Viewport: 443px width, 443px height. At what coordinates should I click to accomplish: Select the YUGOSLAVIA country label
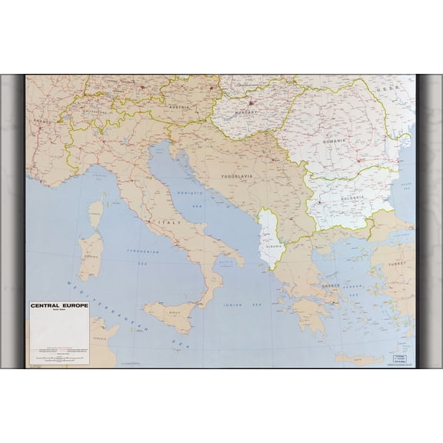235,175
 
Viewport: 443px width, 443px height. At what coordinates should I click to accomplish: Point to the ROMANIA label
335,142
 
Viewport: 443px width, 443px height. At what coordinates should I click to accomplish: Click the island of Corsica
95,213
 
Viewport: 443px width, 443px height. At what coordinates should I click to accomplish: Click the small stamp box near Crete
398,359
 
